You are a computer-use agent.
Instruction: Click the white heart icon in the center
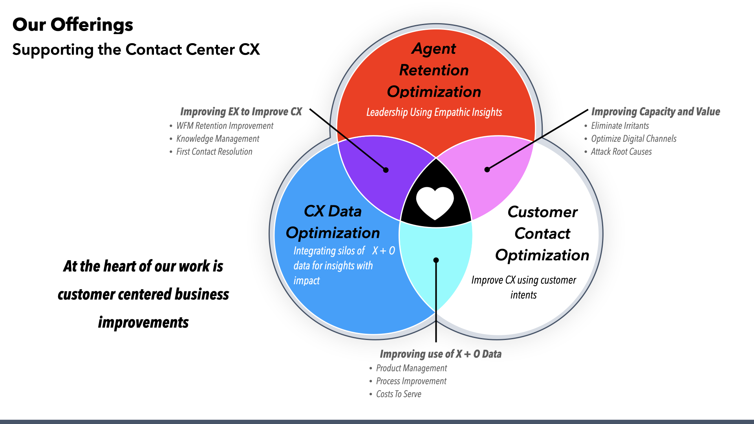[x=435, y=202]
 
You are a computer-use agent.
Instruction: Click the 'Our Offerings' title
[x=73, y=25]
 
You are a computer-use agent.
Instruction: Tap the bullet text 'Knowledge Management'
[x=218, y=139]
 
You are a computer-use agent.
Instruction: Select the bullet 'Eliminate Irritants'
[x=620, y=126]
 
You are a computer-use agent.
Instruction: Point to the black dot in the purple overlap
[x=386, y=170]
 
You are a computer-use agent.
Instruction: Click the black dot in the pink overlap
[x=487, y=170]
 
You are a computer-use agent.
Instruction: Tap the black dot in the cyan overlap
[x=436, y=260]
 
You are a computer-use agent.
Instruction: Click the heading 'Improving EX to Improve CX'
[x=241, y=111]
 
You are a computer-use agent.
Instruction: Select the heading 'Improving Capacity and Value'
[x=655, y=111]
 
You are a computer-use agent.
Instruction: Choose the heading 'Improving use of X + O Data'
[x=440, y=354]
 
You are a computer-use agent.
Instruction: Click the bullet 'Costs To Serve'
[x=398, y=394]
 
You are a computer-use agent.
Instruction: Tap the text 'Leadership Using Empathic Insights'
[x=434, y=112]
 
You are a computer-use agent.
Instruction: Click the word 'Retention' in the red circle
[x=434, y=70]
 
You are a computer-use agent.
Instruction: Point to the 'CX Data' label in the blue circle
[x=332, y=211]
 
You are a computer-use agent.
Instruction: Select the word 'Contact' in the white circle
[x=542, y=234]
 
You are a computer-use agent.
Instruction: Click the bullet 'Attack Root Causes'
[x=621, y=152]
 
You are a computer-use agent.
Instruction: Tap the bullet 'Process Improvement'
[x=411, y=381]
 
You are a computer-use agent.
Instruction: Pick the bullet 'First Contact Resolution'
[x=214, y=152]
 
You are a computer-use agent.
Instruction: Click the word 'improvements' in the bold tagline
[x=143, y=322]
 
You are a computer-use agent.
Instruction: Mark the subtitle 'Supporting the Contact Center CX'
[x=136, y=50]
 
